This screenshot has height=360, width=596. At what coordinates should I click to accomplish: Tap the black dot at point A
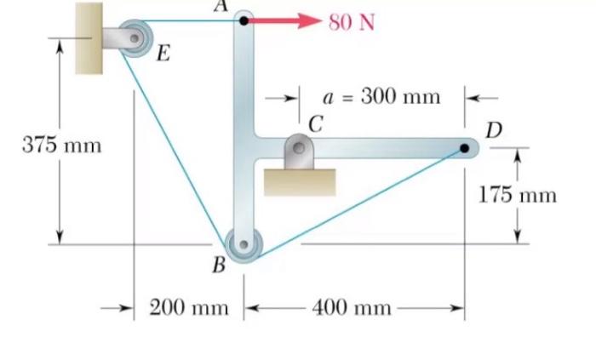(x=244, y=20)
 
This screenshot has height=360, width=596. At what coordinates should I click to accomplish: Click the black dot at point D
(x=464, y=148)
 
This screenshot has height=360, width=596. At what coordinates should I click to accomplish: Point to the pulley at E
(x=135, y=37)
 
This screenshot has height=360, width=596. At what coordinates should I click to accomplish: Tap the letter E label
(x=163, y=55)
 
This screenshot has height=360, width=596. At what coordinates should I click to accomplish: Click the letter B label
(x=219, y=266)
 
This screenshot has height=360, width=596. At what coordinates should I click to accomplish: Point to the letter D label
(x=494, y=130)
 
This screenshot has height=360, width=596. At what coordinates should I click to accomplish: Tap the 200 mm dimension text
(x=189, y=307)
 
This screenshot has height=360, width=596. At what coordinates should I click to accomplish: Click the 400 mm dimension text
(x=352, y=307)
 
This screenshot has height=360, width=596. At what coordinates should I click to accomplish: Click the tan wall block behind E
(x=89, y=37)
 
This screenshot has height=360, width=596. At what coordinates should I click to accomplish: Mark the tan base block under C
(x=299, y=181)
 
